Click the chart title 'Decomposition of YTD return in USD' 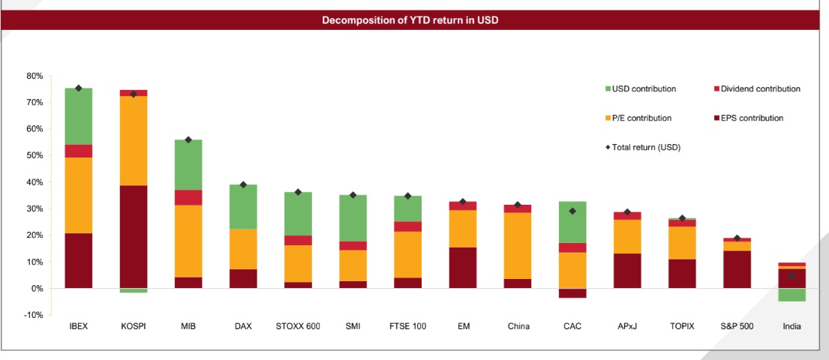pos(410,20)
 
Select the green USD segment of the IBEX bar pos(79,116)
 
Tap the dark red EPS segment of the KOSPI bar pos(134,236)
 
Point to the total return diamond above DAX pos(243,184)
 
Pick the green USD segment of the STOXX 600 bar pos(298,214)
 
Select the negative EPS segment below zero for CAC pos(572,293)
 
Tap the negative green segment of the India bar pos(791,295)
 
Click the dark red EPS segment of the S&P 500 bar pos(737,269)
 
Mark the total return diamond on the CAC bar pos(572,211)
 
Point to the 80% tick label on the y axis pos(35,76)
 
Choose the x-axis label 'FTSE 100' pos(408,326)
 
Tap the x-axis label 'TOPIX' pos(682,326)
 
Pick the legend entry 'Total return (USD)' pos(645,147)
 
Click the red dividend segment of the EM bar pos(463,205)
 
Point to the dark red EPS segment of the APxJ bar pos(627,271)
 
